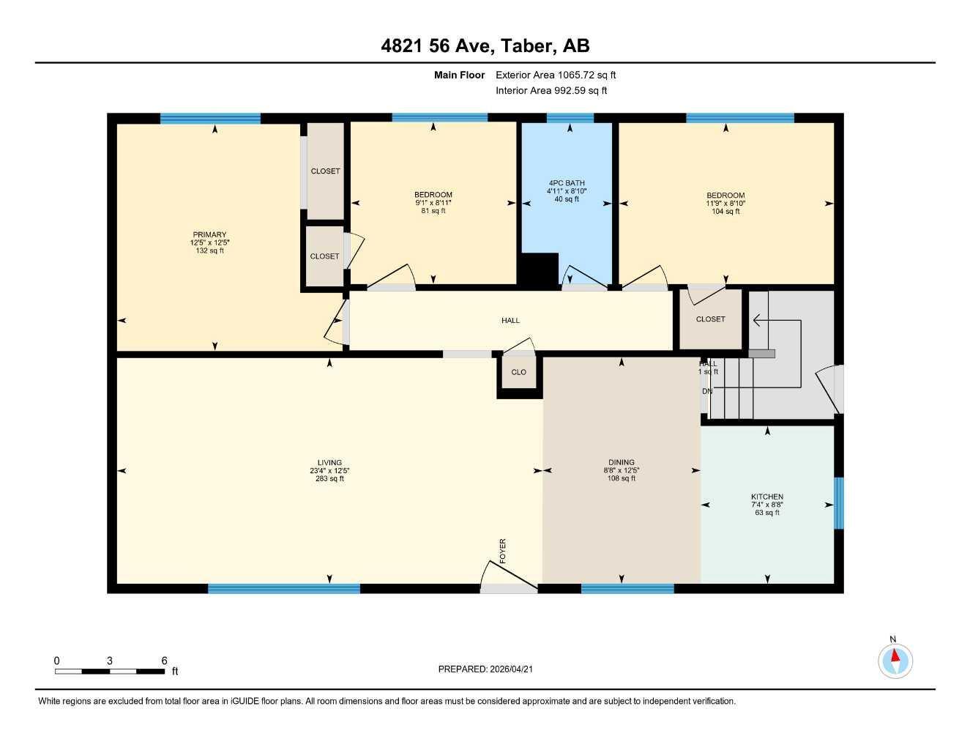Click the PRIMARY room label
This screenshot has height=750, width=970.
click(210, 235)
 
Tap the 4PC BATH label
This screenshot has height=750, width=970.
click(567, 183)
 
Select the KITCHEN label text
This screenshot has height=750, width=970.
click(767, 497)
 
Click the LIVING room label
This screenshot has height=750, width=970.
click(330, 463)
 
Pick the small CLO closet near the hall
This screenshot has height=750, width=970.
click(519, 373)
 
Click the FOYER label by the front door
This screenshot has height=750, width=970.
click(503, 551)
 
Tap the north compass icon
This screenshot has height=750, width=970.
click(895, 661)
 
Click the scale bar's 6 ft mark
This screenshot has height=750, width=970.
click(164, 661)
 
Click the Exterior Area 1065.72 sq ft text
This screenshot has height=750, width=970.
click(556, 75)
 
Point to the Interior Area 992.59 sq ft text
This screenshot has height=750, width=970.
click(551, 91)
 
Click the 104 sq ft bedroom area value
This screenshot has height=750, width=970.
click(725, 212)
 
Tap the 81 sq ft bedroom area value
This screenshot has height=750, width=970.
click(433, 211)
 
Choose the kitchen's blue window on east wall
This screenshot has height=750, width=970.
click(839, 503)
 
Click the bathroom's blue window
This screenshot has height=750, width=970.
click(570, 118)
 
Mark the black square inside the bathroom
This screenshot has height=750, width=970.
click(540, 270)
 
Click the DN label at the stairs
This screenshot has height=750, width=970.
click(707, 391)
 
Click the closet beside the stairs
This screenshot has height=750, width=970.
click(710, 319)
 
